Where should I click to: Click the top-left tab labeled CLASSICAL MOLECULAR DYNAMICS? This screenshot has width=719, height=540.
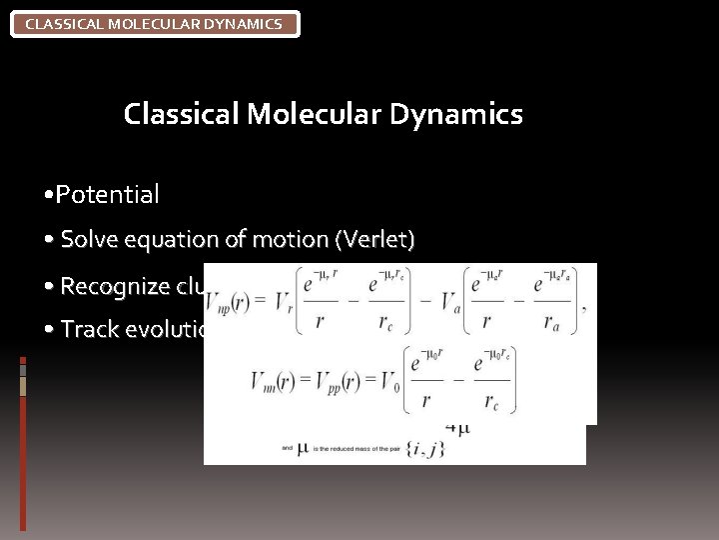tap(154, 23)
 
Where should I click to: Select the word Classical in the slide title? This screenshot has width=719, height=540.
tap(181, 115)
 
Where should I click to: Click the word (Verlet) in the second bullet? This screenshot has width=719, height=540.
tap(375, 240)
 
